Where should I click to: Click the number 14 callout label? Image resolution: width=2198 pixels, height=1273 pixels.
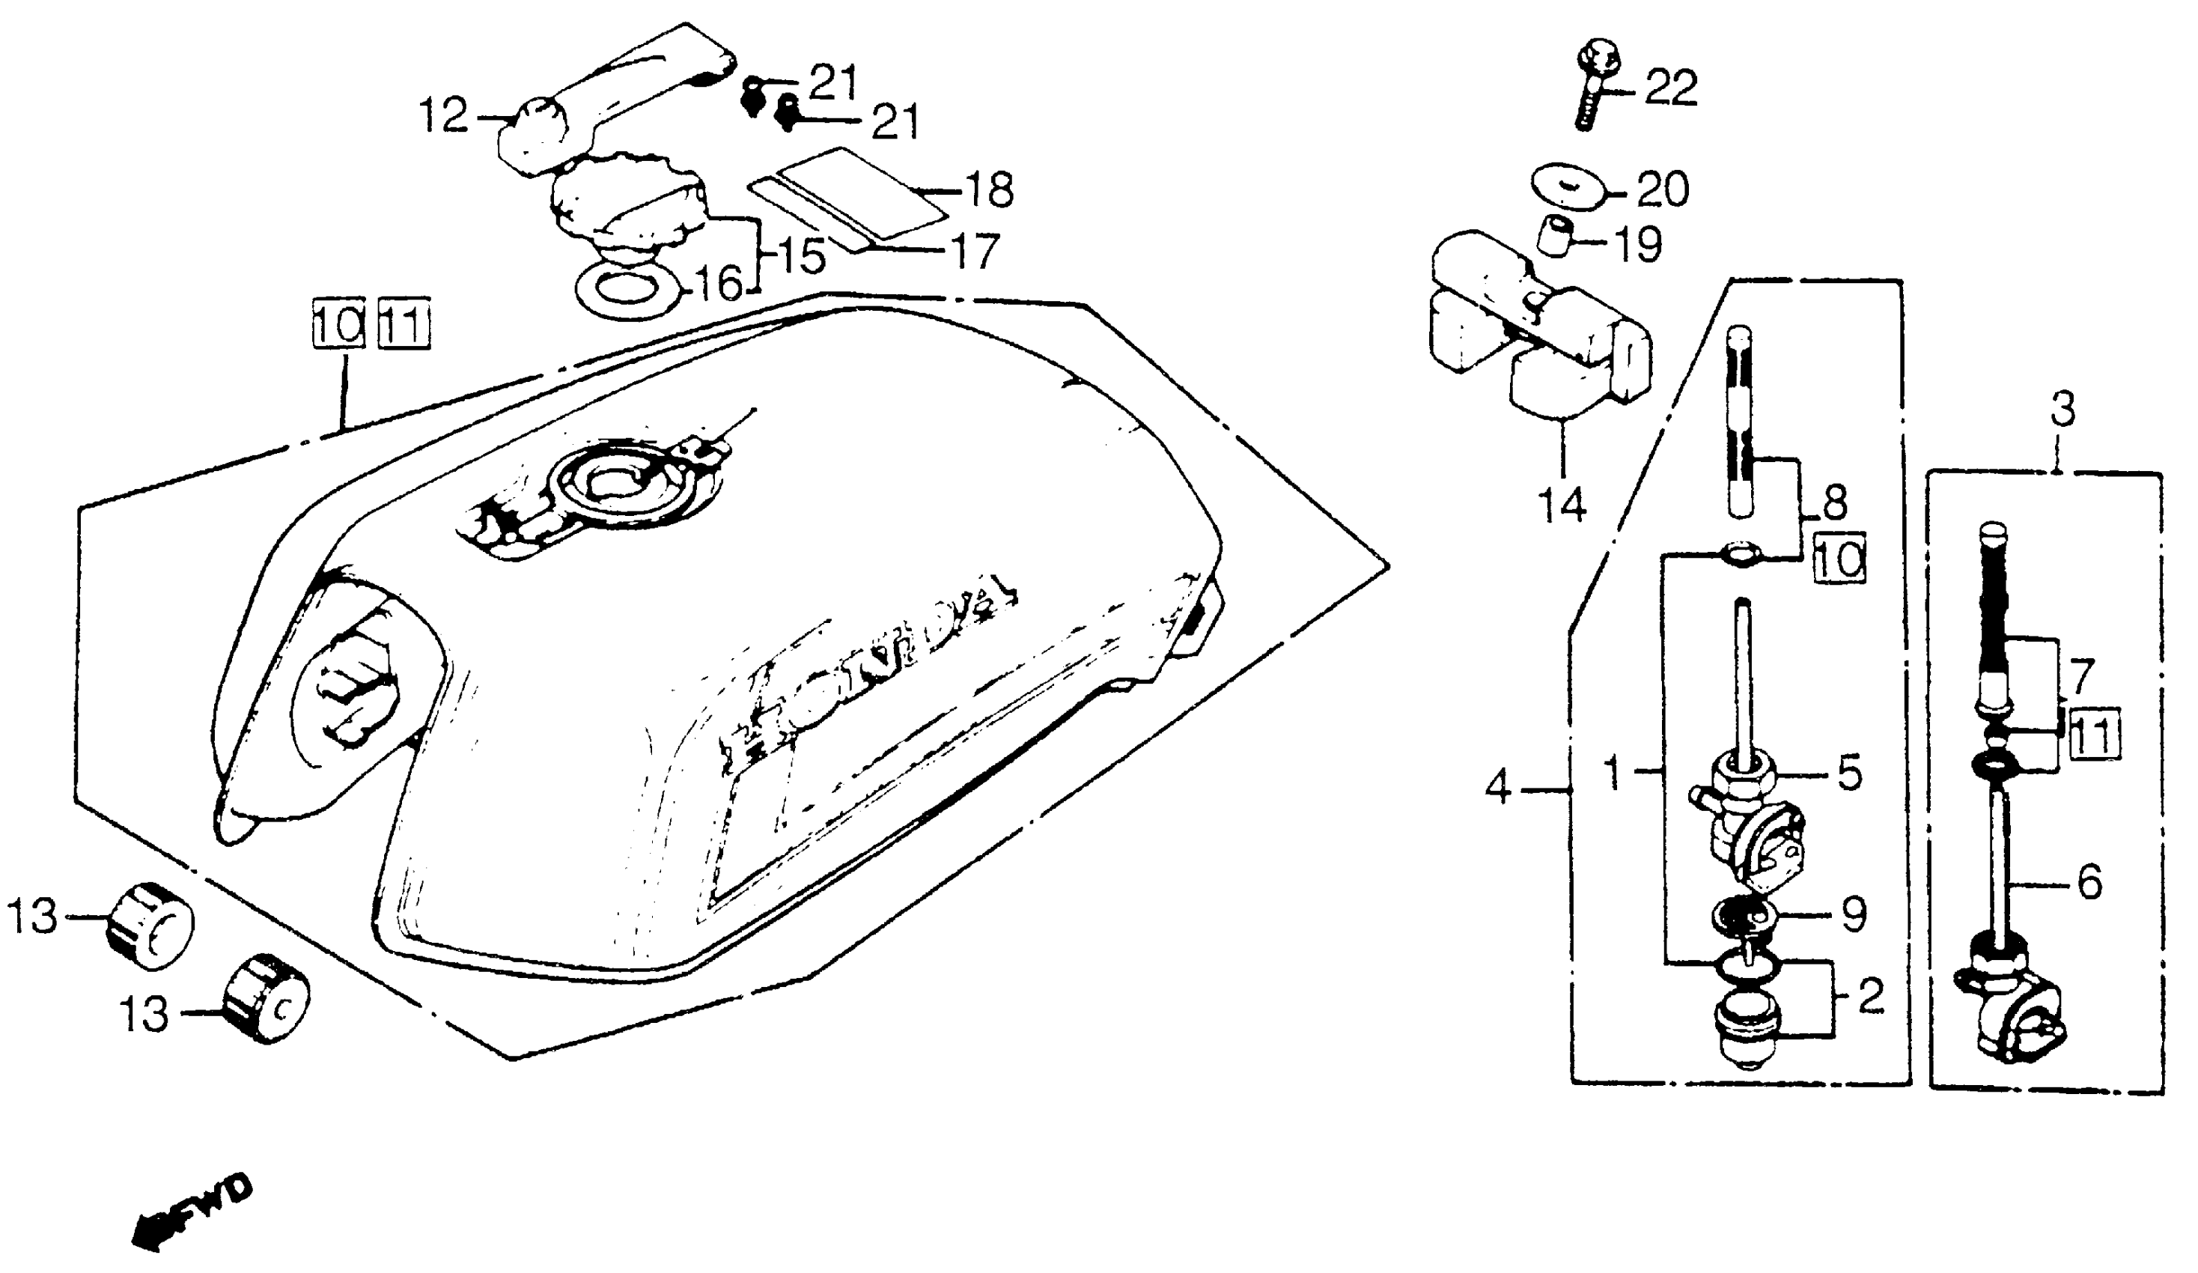click(x=1562, y=505)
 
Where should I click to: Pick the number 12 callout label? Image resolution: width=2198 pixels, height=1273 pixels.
click(x=444, y=115)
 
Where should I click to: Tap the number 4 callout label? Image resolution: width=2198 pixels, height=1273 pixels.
click(x=1497, y=789)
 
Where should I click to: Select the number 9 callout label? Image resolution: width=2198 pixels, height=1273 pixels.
click(x=1853, y=914)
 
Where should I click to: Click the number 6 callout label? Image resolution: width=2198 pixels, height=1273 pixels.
click(x=2090, y=883)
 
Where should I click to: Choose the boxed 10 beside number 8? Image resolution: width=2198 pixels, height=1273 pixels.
click(x=1839, y=559)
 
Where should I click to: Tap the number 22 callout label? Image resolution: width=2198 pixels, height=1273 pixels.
click(x=1671, y=88)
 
